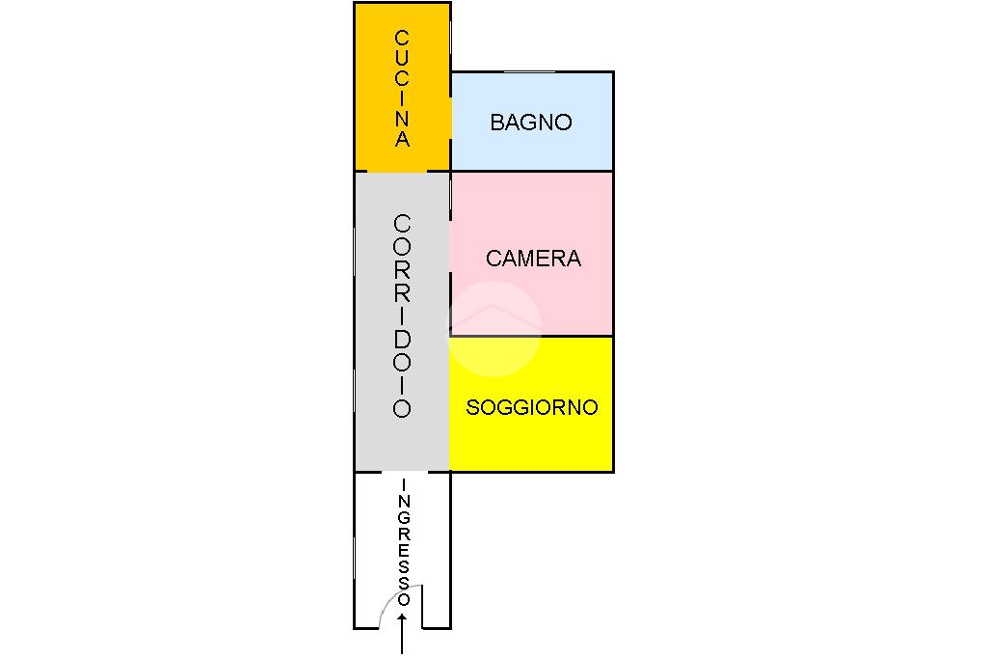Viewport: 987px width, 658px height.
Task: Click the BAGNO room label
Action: [x=531, y=123]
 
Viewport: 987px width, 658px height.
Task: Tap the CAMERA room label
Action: [x=533, y=259]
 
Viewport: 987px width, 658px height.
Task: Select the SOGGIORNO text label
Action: [x=532, y=408]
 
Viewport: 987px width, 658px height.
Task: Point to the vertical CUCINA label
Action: [x=402, y=88]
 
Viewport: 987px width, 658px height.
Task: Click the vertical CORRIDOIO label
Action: [x=402, y=315]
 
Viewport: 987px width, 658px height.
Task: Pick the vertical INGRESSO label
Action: [x=404, y=542]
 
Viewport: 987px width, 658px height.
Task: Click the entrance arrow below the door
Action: [x=402, y=633]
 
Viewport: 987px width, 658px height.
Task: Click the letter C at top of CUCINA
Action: [x=402, y=38]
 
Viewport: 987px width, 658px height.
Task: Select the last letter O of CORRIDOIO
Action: [x=402, y=409]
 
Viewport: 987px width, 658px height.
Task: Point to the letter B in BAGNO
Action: [x=497, y=123]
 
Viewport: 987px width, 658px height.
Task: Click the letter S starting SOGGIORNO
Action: [x=472, y=408]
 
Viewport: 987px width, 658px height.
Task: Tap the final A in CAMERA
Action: [x=573, y=259]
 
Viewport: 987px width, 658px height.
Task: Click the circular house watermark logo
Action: [x=494, y=328]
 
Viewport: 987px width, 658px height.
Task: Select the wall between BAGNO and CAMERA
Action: [x=532, y=171]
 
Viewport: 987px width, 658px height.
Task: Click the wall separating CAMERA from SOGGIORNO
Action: [x=532, y=336]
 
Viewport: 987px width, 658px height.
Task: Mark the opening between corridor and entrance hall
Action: [x=405, y=472]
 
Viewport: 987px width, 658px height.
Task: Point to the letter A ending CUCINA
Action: [x=402, y=139]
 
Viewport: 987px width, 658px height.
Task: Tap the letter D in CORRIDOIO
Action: [x=402, y=339]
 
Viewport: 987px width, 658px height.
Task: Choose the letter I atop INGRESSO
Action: [x=404, y=484]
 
